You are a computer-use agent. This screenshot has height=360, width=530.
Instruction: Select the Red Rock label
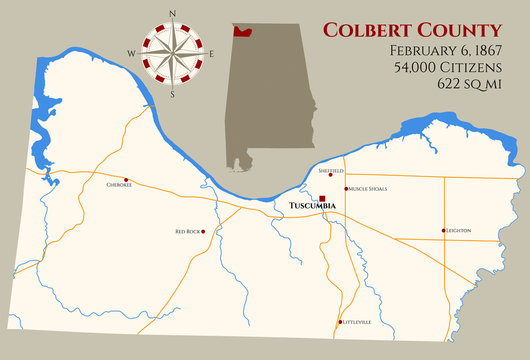(x=187, y=231)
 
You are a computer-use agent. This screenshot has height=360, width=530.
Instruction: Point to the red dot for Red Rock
(x=203, y=231)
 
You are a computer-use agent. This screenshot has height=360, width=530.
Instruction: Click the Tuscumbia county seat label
(x=312, y=207)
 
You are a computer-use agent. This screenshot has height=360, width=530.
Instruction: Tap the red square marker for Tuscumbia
(x=322, y=198)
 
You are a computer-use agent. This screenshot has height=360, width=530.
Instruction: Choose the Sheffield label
(x=330, y=171)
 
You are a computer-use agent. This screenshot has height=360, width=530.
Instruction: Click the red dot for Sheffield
(x=331, y=177)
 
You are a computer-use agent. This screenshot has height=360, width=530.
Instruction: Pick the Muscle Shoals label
(x=367, y=188)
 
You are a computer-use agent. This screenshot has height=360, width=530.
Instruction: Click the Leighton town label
(x=458, y=231)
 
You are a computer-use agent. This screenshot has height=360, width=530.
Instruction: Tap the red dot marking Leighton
(x=443, y=231)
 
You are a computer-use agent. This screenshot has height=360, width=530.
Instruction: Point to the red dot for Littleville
(x=340, y=322)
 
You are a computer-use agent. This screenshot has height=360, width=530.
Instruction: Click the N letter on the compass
(x=172, y=13)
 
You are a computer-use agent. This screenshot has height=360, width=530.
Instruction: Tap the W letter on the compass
(x=130, y=53)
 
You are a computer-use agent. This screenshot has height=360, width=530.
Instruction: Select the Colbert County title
(x=412, y=28)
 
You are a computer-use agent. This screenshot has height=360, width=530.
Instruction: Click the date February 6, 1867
(x=444, y=50)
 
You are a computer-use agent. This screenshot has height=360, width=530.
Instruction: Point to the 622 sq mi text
(x=468, y=86)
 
